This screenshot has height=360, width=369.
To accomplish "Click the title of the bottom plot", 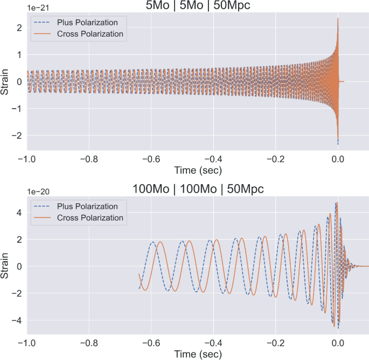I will pos(198,190).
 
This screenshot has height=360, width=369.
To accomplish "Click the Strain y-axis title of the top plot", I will pos(6,82).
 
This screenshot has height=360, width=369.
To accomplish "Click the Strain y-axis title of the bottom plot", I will pos(6,266).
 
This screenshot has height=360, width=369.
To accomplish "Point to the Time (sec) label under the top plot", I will pos(198,170).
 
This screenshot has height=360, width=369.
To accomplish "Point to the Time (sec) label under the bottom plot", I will pos(198,355).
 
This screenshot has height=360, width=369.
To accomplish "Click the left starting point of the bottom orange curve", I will pos(139,274).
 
